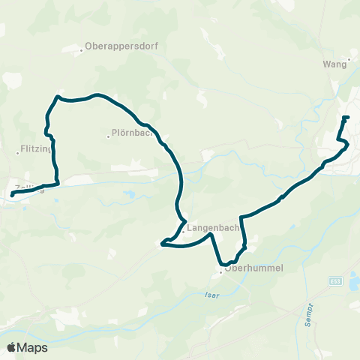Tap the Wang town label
(335, 64)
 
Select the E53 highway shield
(335, 280)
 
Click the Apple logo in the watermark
(12, 347)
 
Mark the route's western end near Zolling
(12, 196)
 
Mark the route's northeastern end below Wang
(345, 118)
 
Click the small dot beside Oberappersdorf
(82, 50)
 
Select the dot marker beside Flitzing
(17, 154)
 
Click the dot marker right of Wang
(349, 65)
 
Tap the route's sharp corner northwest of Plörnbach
(56, 96)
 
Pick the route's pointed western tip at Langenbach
(162, 242)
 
